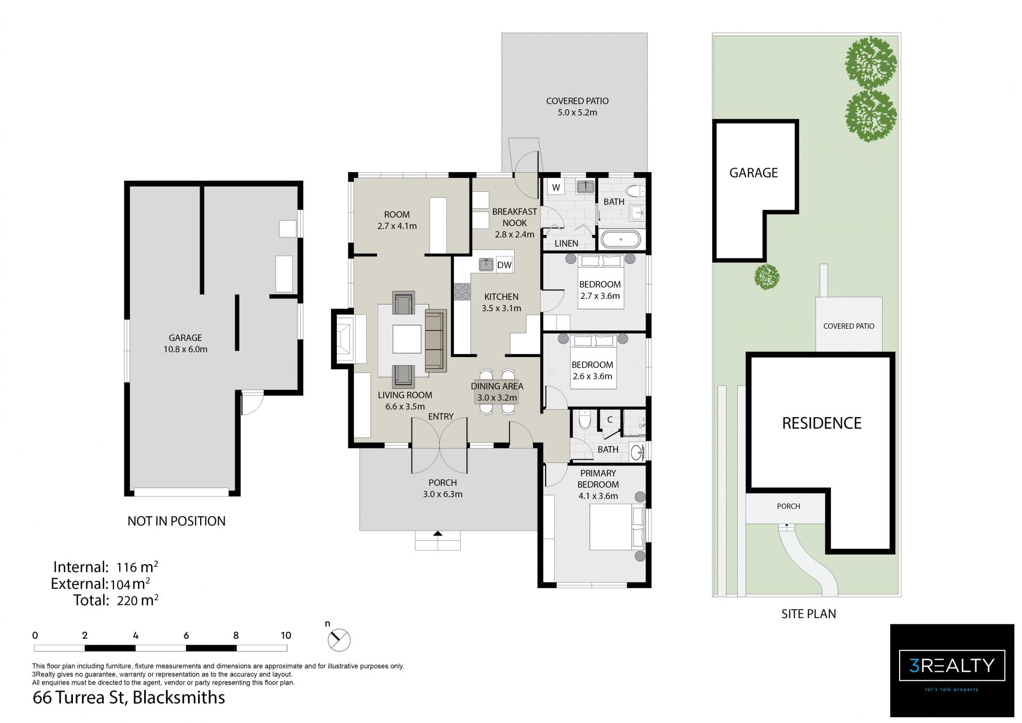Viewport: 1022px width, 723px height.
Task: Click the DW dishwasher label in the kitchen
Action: pyautogui.click(x=504, y=265)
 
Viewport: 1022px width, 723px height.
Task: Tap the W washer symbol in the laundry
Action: pyautogui.click(x=556, y=188)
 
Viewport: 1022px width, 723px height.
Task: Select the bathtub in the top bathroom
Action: pyautogui.click(x=621, y=240)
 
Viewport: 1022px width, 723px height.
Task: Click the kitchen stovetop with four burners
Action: pyautogui.click(x=462, y=291)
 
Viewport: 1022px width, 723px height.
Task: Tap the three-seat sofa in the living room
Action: pyautogui.click(x=435, y=340)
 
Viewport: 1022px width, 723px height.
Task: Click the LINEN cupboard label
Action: pyautogui.click(x=566, y=243)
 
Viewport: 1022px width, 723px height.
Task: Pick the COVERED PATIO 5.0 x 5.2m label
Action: pyautogui.click(x=577, y=107)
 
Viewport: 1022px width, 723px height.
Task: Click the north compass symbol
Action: pyautogui.click(x=339, y=639)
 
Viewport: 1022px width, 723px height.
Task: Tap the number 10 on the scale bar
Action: pyautogui.click(x=286, y=635)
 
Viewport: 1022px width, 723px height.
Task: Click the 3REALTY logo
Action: pyautogui.click(x=952, y=670)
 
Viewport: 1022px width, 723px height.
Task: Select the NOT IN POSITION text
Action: pyautogui.click(x=176, y=521)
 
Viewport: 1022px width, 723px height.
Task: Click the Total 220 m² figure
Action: pyautogui.click(x=116, y=600)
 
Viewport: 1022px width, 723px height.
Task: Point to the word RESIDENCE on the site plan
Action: pyautogui.click(x=822, y=423)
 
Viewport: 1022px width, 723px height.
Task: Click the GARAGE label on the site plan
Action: pyautogui.click(x=753, y=173)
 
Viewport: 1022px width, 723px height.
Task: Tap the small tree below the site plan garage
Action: pyautogui.click(x=767, y=277)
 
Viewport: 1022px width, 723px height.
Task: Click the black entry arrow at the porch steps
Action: pyautogui.click(x=438, y=533)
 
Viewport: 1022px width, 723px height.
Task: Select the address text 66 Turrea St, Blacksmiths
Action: pyautogui.click(x=129, y=697)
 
